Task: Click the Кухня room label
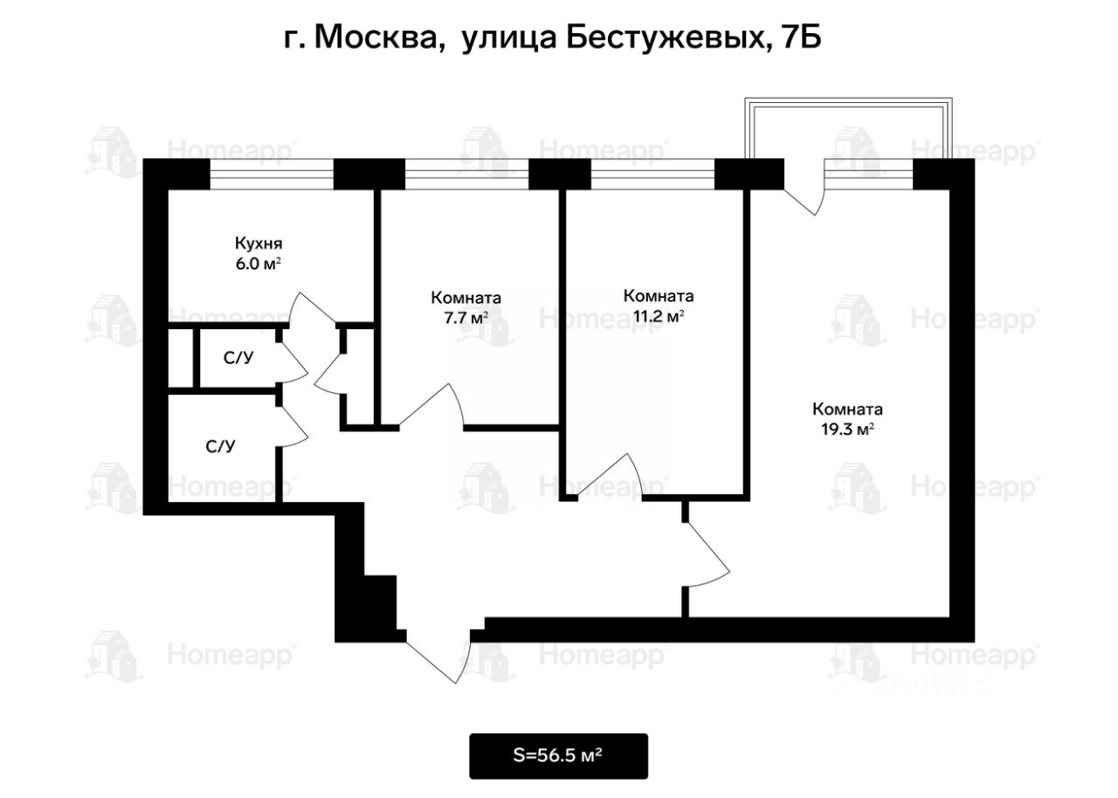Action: [x=258, y=244]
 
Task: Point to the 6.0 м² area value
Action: [x=258, y=265]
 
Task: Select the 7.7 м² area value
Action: [x=466, y=318]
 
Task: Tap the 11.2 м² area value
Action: [x=659, y=317]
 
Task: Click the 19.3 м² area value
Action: [x=847, y=430]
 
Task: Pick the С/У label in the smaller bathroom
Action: [x=238, y=357]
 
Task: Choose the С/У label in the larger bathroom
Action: [x=221, y=447]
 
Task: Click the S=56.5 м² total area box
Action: [x=559, y=756]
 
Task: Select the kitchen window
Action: [x=272, y=174]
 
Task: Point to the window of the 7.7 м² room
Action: [x=466, y=174]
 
